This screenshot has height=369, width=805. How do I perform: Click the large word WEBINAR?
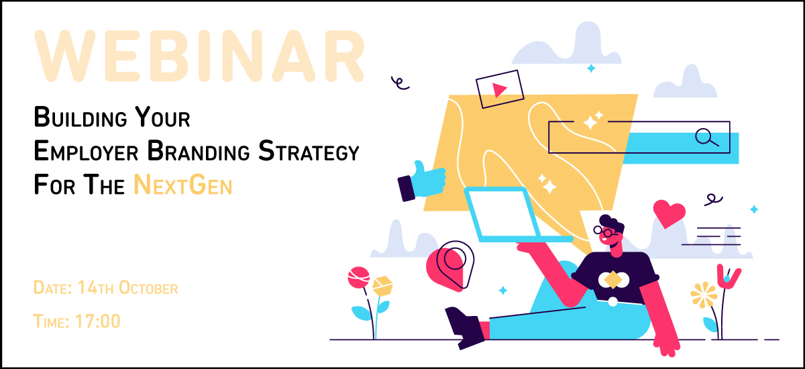(200, 56)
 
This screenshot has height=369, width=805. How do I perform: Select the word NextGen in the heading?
(182, 184)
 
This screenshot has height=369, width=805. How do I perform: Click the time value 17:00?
(99, 321)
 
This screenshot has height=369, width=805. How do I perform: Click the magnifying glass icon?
(706, 138)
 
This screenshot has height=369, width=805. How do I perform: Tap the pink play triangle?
(498, 90)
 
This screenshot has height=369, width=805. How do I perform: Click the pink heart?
(669, 213)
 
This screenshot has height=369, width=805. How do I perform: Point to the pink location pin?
(450, 263)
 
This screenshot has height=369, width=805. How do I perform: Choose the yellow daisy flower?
(704, 294)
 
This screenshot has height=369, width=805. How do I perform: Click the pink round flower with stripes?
(359, 278)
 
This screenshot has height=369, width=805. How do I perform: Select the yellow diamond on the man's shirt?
(612, 278)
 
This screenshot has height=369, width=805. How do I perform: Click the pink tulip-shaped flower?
(729, 276)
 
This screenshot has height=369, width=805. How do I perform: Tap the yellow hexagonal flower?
(382, 286)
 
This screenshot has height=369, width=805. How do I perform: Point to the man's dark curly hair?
(612, 221)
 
